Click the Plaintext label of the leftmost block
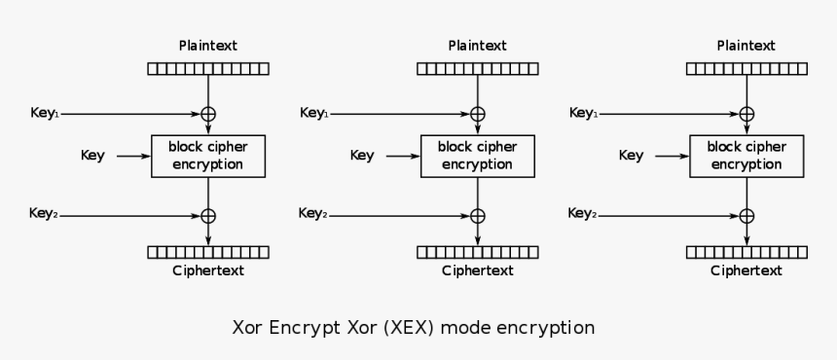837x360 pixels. (207, 46)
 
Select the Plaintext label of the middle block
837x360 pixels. (477, 46)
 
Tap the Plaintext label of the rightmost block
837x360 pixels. (746, 46)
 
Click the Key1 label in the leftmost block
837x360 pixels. (45, 114)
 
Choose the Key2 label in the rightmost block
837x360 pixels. (582, 214)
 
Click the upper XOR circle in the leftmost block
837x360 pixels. (207, 114)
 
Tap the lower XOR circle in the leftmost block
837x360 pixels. (207, 215)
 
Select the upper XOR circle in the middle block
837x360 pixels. (477, 114)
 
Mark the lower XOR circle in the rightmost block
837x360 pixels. (746, 215)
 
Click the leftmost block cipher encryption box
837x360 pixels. (207, 156)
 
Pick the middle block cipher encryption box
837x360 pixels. (477, 156)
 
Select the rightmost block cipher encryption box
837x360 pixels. (746, 156)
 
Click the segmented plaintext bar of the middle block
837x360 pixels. (477, 69)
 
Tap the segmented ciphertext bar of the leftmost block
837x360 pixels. (207, 252)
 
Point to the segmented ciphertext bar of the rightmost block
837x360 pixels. (746, 252)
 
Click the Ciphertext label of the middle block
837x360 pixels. (477, 271)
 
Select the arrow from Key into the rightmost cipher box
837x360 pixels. (671, 156)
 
